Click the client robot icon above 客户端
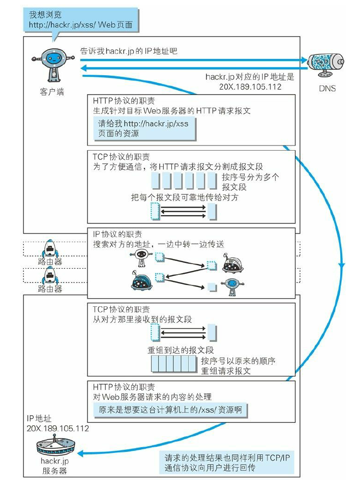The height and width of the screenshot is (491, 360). click(52, 64)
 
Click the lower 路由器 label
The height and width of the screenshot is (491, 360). click(50, 288)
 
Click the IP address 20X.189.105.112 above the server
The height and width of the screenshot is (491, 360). click(57, 428)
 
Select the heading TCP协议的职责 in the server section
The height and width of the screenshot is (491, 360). click(121, 309)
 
